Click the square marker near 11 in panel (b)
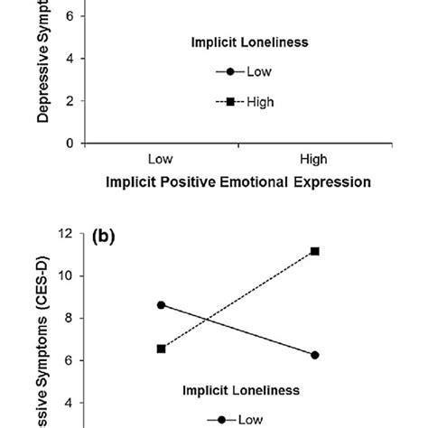314,251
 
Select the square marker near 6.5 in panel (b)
161,349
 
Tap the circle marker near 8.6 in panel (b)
161,304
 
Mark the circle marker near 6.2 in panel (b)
314,355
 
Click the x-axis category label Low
161,160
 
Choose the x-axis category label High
313,160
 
